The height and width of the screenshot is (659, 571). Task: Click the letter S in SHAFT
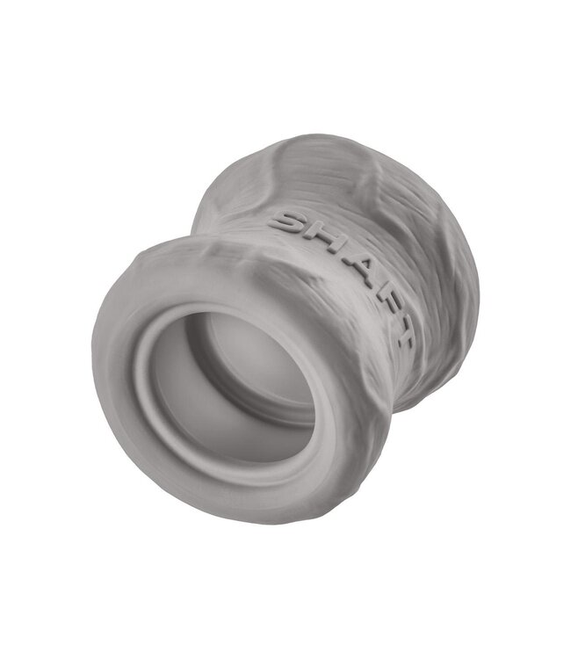point(289,221)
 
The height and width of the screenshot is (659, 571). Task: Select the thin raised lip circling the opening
point(154,395)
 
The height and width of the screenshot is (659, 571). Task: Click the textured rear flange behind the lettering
point(439,220)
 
